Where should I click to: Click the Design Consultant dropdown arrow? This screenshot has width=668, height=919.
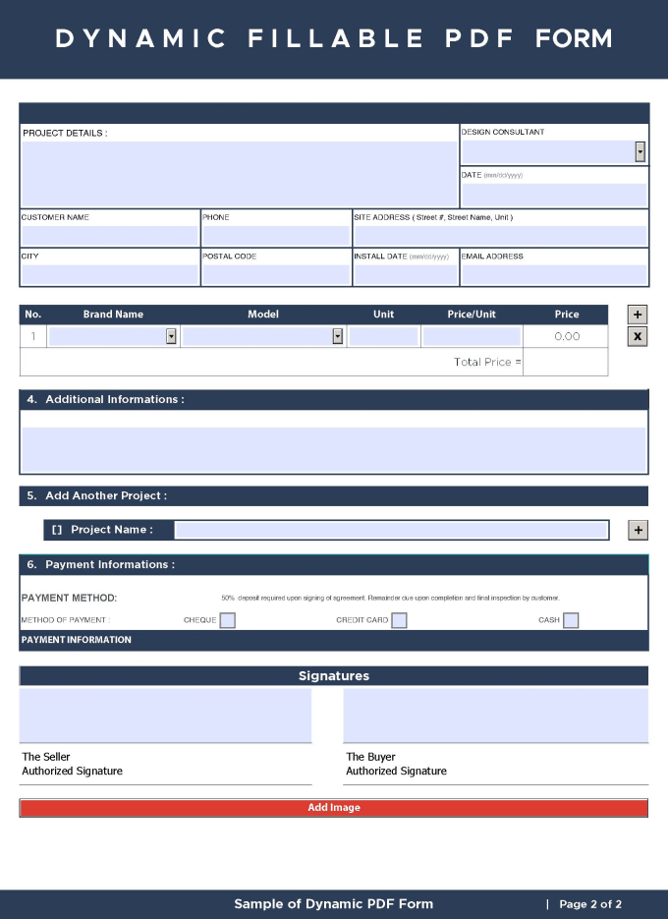point(640,151)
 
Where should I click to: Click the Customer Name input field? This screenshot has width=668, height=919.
point(109,236)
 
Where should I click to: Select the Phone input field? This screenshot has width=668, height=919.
point(275,236)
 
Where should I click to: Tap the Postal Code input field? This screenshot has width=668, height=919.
point(275,274)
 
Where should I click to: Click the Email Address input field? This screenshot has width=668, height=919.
point(554,274)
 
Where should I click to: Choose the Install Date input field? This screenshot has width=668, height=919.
point(405,274)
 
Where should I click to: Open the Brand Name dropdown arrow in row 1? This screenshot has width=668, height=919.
point(171,336)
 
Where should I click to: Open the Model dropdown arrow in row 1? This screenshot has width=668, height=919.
point(337,336)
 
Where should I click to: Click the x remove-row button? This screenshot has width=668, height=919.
point(638,336)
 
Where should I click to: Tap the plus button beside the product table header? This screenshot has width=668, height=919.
point(638,315)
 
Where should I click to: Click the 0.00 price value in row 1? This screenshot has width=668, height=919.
point(567,336)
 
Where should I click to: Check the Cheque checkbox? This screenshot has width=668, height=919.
point(227,620)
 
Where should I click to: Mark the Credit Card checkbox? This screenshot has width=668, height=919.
point(399,620)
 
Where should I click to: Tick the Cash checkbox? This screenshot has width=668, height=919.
point(571,620)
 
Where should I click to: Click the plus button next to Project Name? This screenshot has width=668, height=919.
point(638,530)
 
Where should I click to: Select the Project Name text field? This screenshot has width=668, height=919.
point(391,530)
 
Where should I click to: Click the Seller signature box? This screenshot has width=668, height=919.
point(165,716)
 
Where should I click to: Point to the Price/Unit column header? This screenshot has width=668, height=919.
point(472,315)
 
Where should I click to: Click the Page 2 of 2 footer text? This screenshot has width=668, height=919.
point(590,904)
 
